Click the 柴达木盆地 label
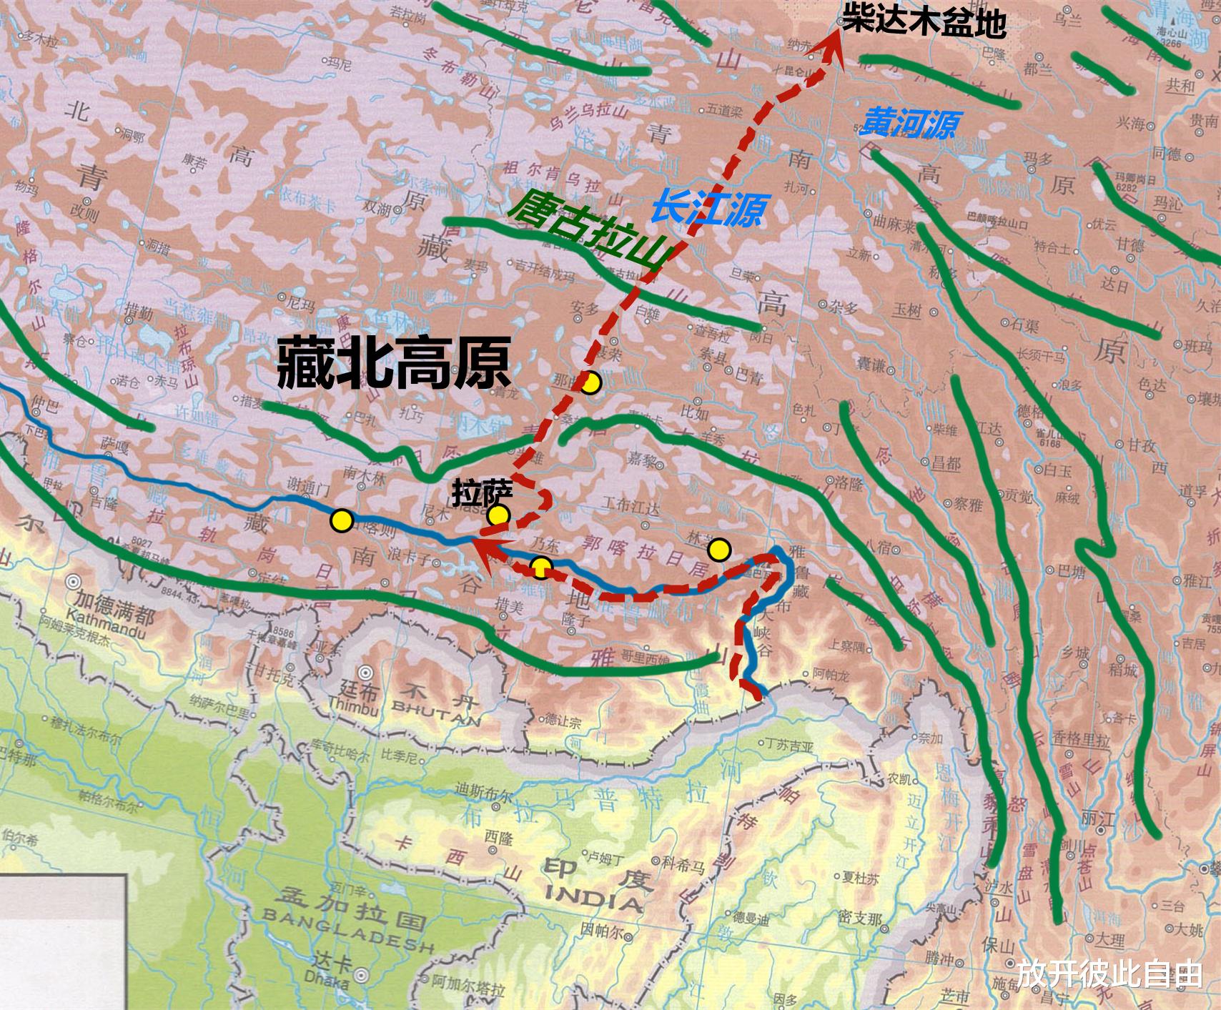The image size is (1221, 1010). [x=924, y=21]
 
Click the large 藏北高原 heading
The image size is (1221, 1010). [x=394, y=363]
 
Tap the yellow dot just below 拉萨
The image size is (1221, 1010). [x=498, y=515]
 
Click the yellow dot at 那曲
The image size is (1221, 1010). [x=589, y=384]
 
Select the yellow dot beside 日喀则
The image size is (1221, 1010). [x=342, y=520]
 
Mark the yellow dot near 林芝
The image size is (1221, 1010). [x=719, y=550]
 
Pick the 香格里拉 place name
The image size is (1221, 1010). [x=1082, y=738]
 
